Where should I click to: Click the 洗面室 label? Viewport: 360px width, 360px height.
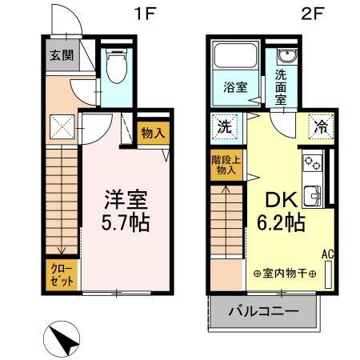(x=282, y=87)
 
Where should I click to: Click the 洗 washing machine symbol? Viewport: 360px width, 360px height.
(x=224, y=126)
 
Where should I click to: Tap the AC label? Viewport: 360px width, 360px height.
(x=326, y=254)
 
